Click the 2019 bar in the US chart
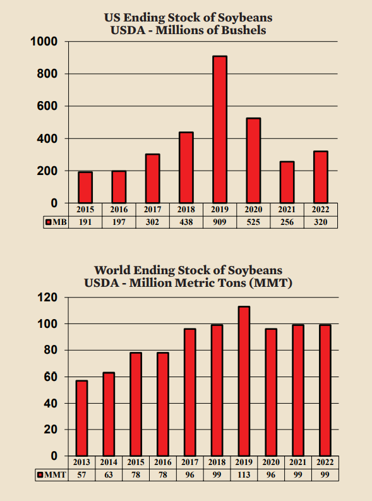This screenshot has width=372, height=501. pos(220,130)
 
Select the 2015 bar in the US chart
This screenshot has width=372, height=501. pos(85,188)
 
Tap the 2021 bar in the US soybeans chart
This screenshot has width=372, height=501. pos(287,182)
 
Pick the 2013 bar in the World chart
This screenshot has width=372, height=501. pos(81,418)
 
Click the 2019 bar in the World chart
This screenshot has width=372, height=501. pos(244,381)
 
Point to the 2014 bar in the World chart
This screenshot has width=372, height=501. pos(109,414)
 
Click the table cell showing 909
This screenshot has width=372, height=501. pos(220,222)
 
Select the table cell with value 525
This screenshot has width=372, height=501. pos(253,222)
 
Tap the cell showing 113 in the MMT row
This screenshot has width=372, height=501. pos(244,475)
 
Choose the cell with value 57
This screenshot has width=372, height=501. pos(81,475)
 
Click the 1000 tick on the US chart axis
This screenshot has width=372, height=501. pos(44,42)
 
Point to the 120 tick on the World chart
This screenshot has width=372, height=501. pos(47,298)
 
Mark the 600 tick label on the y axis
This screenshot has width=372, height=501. pos(47,106)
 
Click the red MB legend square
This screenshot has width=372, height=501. pos(48,222)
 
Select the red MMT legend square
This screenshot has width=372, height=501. pos(40,475)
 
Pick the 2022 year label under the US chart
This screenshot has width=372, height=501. pos(321,210)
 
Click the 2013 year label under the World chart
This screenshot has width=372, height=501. pos(81,462)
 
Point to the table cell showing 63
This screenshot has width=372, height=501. pos(109,475)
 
